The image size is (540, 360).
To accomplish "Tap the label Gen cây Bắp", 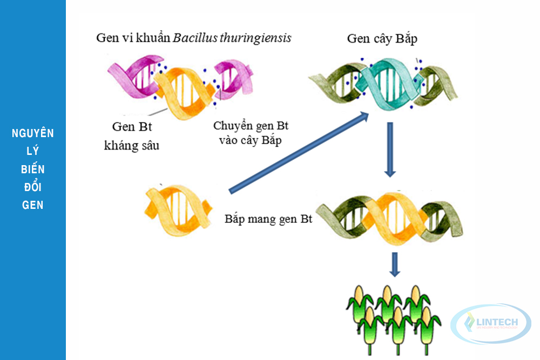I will click(382, 39).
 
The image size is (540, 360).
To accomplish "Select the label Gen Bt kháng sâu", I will click(131, 136).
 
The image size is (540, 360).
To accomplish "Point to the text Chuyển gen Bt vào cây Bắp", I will click(251, 133).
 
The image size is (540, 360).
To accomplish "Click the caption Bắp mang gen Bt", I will click(268, 220).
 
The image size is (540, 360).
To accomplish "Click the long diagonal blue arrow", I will click(299, 152).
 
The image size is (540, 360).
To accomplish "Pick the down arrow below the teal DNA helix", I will click(390, 149).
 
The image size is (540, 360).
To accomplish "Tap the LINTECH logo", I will click(491, 323).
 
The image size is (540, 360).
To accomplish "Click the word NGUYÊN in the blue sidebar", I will click(33, 133).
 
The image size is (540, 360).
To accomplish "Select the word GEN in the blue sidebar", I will click(33, 205).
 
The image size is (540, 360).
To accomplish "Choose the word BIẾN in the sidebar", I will click(33, 169).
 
